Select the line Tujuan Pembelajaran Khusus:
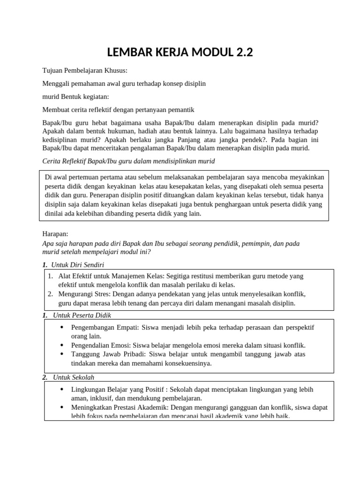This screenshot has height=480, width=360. (85, 70)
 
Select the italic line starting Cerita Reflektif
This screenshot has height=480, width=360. (128, 161)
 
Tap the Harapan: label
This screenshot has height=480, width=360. (55, 233)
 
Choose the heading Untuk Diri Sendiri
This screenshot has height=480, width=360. (77, 264)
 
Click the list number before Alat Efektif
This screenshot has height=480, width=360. (50, 277)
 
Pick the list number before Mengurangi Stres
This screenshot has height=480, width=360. (50, 294)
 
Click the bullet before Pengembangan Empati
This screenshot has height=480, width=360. (63, 328)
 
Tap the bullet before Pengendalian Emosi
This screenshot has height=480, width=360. (63, 345)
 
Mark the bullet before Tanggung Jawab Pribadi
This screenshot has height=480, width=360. (63, 354)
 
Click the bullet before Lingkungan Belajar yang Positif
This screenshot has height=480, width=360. (63, 390)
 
